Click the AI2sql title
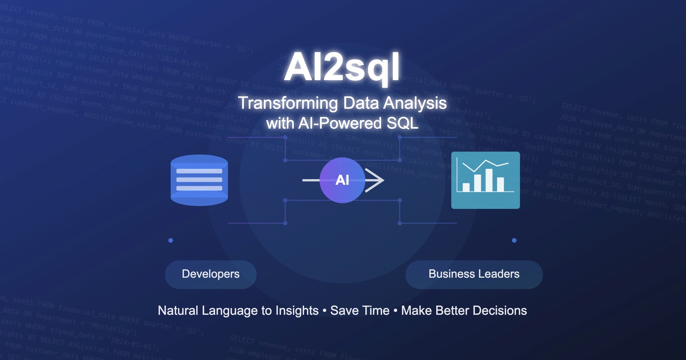(342, 67)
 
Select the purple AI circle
(342, 180)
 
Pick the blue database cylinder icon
(199, 180)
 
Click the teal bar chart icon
(485, 180)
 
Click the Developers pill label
(211, 274)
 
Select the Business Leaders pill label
(474, 274)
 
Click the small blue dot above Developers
(171, 240)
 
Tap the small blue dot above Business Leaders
(514, 240)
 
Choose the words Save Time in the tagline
(360, 311)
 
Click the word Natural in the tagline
(178, 311)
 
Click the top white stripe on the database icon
(199, 171)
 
